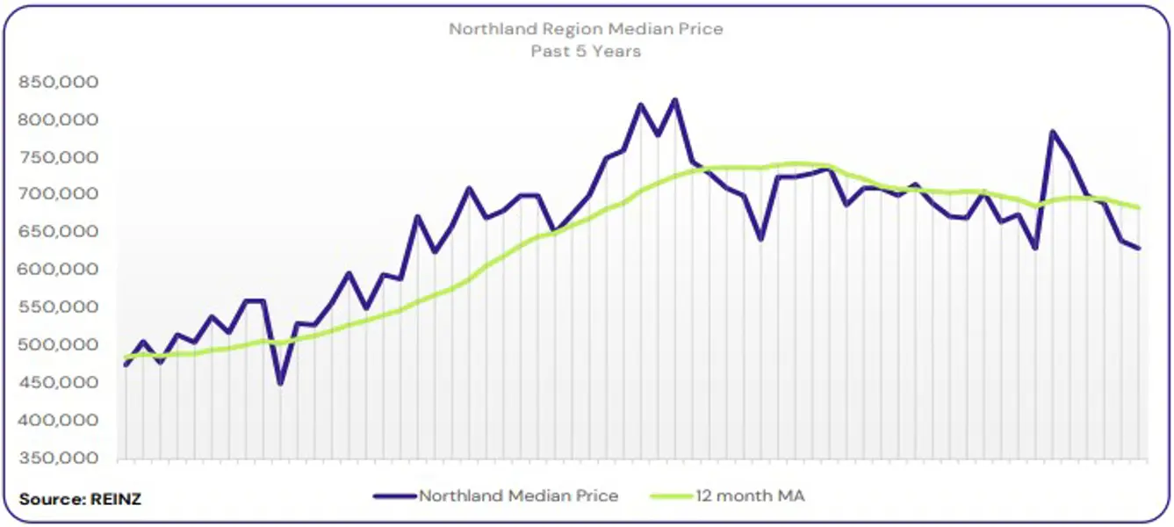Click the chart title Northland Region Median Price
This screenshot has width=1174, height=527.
586,29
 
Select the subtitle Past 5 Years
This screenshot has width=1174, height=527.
586,51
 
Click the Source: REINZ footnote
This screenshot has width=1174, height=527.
80,499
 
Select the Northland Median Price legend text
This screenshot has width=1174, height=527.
518,495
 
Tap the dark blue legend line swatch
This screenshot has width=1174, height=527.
394,496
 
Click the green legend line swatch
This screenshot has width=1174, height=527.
671,496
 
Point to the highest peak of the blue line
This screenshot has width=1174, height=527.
675,99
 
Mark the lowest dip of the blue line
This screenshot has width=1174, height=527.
280,384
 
